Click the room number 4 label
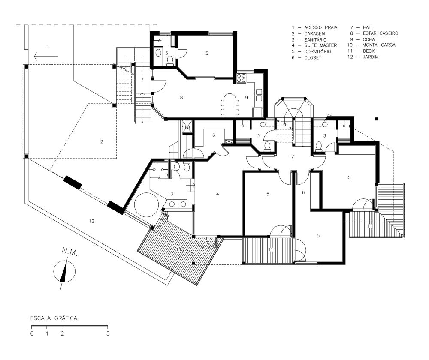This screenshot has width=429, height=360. tap(218, 194)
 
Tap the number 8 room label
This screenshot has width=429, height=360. tap(181, 98)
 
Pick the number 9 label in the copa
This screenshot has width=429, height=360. tap(246, 98)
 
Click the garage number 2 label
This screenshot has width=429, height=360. tap(102, 141)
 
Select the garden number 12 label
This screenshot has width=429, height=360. tap(91, 221)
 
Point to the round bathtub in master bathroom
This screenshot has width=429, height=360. tap(146, 204)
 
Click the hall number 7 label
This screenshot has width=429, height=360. tap(292, 156)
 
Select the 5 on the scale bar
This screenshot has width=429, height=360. tap(108, 333)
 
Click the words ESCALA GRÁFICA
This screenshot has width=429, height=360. tap(54, 318)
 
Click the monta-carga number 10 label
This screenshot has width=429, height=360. tap(187, 127)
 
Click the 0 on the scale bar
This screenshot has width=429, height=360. tap(32, 333)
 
